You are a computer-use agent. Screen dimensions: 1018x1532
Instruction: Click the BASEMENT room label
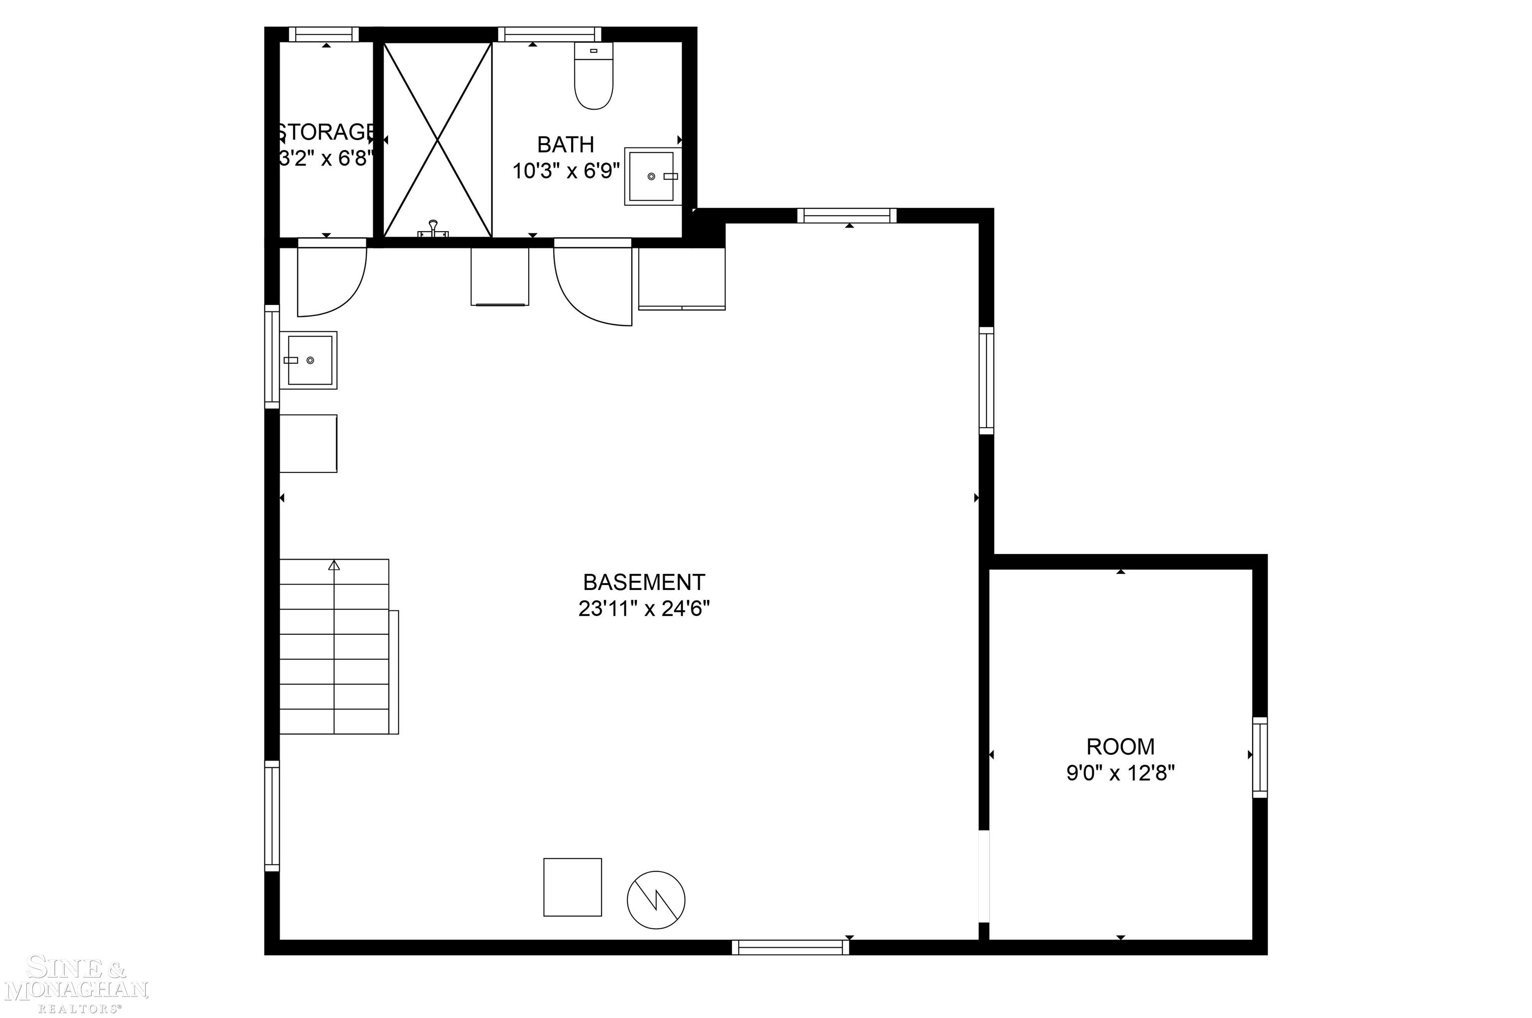pyautogui.click(x=643, y=582)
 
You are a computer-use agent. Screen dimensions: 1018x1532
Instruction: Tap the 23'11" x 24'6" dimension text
pyautogui.click(x=643, y=609)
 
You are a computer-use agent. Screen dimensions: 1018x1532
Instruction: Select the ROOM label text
pyautogui.click(x=1120, y=746)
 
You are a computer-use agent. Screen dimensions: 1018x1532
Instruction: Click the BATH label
pyautogui.click(x=565, y=144)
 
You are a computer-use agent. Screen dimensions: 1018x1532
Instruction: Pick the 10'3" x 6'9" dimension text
pyautogui.click(x=565, y=171)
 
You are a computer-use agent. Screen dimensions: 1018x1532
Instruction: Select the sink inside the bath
pyautogui.click(x=652, y=176)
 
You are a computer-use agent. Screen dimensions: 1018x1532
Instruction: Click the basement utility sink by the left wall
pyautogui.click(x=309, y=360)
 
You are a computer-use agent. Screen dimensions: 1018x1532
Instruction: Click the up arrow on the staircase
pyautogui.click(x=334, y=566)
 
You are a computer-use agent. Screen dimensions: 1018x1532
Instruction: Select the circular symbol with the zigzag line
pyautogui.click(x=656, y=900)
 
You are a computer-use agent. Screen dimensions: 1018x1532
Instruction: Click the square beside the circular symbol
pyautogui.click(x=573, y=887)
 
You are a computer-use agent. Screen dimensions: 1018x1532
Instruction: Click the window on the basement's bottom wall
pyautogui.click(x=790, y=947)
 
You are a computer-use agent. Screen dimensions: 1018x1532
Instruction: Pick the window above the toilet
pyautogui.click(x=550, y=34)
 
